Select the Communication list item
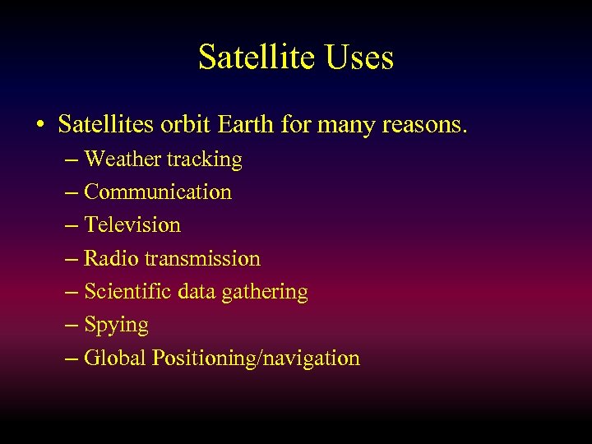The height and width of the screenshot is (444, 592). [158, 192]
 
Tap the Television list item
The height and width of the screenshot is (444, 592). [132, 224]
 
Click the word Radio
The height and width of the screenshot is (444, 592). [112, 258]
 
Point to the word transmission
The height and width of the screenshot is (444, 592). [202, 258]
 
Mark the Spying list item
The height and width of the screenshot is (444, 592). [116, 326]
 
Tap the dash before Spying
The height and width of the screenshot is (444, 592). [71, 325]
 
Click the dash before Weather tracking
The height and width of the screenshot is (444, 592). [71, 159]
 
